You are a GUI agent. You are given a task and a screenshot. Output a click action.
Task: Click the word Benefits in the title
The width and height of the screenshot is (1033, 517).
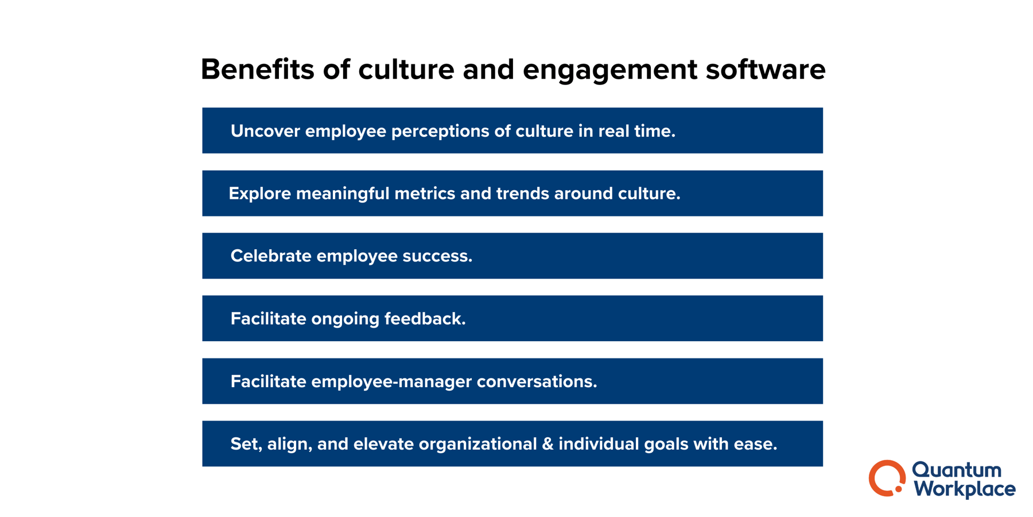coord(257,70)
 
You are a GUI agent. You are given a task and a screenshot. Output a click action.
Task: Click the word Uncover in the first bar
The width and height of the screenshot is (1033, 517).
coord(265,131)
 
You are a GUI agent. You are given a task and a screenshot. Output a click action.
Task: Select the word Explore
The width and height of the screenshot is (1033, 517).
coord(259,194)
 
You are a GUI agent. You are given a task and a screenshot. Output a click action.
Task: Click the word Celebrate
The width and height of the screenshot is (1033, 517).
coord(271,256)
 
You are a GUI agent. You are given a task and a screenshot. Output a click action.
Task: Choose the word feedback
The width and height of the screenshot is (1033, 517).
coord(425,319)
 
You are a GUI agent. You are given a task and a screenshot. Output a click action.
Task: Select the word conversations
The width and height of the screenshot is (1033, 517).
coord(537,381)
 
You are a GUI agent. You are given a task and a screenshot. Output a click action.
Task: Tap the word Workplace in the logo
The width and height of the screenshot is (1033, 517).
coord(965,489)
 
